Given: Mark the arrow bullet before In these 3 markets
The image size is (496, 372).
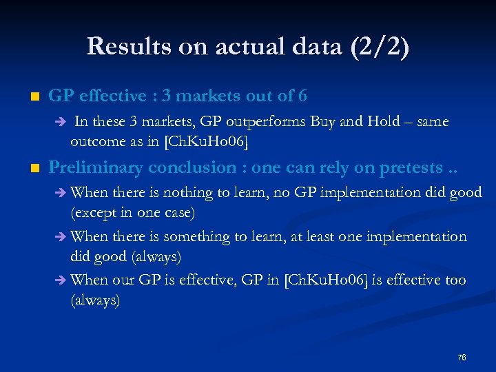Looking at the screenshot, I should point(61,123).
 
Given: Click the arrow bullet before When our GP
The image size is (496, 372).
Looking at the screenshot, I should point(61,280).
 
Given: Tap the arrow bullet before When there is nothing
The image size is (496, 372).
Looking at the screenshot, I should point(61,193).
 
